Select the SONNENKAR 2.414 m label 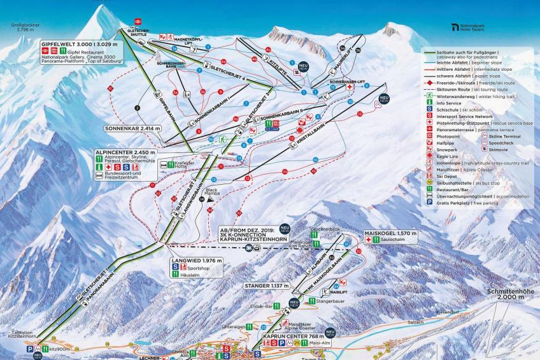(x=132, y=128)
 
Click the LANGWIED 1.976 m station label (x=196, y=261)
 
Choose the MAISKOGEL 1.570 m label (x=390, y=234)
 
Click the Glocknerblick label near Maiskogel (x=322, y=228)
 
